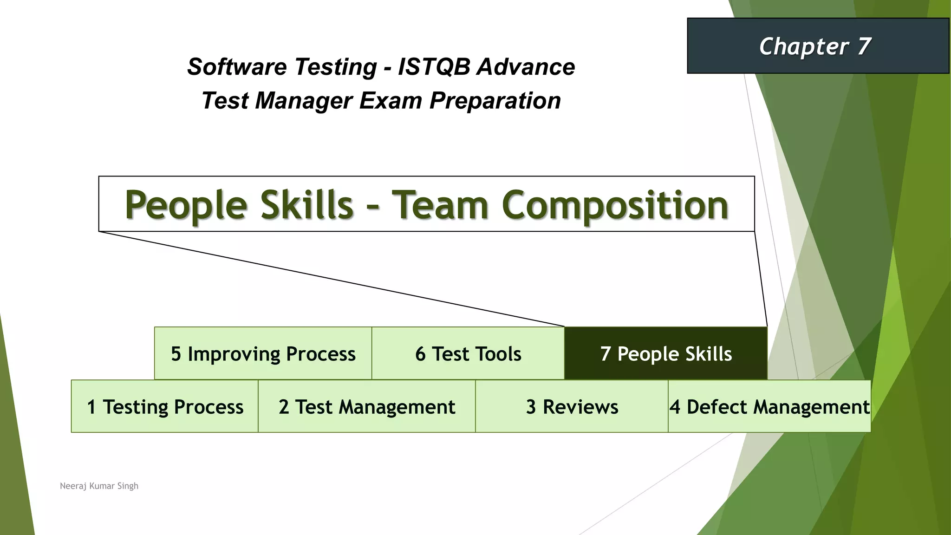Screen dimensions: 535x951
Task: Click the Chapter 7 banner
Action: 818,46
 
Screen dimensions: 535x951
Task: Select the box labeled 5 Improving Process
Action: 263,353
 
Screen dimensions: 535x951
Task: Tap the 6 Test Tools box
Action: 468,353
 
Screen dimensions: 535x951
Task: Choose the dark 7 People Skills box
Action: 665,353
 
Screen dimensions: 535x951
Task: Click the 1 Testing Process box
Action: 165,406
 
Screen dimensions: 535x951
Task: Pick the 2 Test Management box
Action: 366,406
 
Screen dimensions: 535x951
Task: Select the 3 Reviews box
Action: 572,406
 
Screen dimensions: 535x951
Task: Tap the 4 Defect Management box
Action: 769,406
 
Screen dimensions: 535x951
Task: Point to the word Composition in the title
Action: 615,205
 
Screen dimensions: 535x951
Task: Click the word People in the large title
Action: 186,205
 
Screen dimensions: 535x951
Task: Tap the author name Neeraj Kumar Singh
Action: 99,486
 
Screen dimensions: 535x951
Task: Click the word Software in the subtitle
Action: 236,66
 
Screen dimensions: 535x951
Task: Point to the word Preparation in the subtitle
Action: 495,101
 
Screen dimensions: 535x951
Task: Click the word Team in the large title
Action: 440,205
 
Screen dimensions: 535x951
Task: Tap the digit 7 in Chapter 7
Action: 864,46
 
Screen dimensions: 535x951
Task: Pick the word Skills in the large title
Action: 307,205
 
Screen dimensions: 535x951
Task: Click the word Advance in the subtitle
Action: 526,66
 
